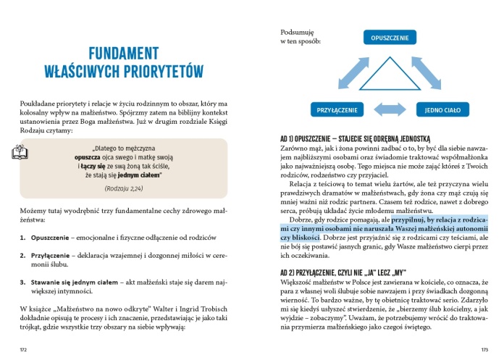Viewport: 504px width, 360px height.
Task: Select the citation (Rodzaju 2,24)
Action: [x=122, y=189]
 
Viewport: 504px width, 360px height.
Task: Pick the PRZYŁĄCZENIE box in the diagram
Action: [x=337, y=110]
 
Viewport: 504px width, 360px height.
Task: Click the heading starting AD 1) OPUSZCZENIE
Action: [x=355, y=137]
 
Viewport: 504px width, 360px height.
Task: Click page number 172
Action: [x=23, y=349]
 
